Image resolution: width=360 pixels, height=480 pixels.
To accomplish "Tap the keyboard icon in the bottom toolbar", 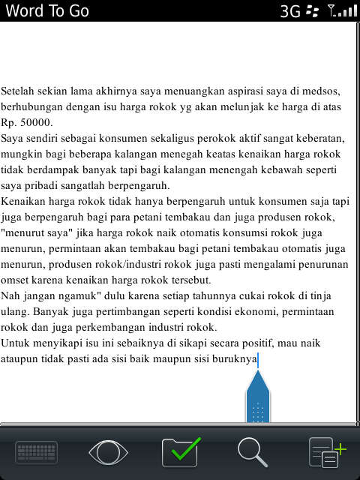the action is pos(37,453).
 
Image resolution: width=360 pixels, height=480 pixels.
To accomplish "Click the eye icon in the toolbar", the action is pos(109,453).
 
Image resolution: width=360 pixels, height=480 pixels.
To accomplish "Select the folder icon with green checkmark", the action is pos(181,452).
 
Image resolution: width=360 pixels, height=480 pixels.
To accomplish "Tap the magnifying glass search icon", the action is pos(253,452).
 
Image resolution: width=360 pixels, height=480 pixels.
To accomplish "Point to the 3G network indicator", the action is pos(290,11).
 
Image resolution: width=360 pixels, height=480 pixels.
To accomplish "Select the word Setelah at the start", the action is pos(19,91).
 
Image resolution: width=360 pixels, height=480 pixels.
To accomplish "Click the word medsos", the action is pos(322,91).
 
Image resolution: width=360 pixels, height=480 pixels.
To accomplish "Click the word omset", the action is pos(15,280).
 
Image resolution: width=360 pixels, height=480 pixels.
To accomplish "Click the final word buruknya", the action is pos(230,358).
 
